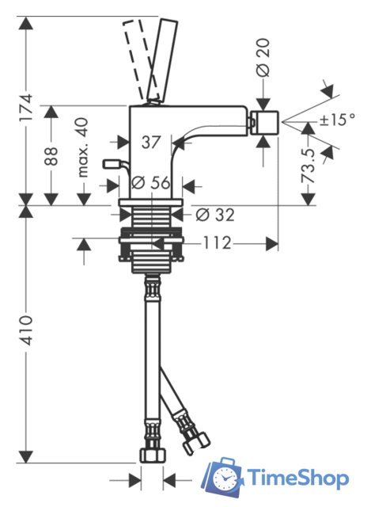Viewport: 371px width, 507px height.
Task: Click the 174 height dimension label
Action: coord(26,108)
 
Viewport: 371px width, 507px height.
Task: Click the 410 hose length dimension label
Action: coord(25,330)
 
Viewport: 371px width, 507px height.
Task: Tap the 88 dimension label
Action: coord(51,156)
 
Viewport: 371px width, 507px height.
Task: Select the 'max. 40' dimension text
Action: coord(82,147)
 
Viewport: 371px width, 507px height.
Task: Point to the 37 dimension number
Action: coord(151,143)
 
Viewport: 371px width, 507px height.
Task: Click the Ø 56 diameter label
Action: coord(151,183)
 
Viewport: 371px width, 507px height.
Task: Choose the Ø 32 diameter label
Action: coord(215,215)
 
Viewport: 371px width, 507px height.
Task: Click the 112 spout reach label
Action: coord(217,243)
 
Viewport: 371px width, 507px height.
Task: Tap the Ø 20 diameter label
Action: coord(263,58)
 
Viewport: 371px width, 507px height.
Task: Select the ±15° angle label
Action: coord(337,120)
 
